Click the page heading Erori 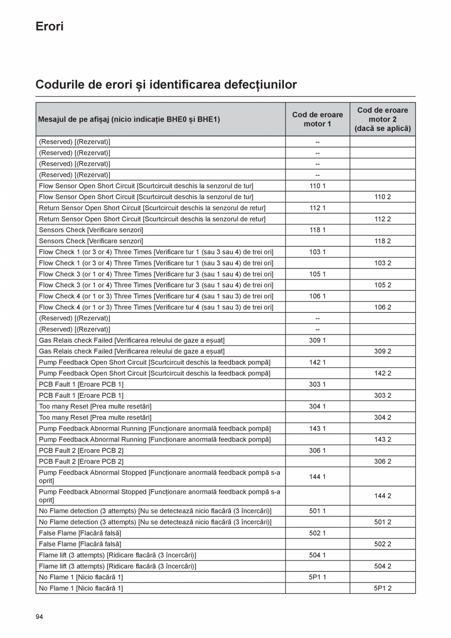click(x=50, y=26)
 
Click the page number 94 click(x=39, y=616)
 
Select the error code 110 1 click(x=317, y=186)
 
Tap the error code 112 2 click(x=382, y=219)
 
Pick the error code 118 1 click(x=317, y=230)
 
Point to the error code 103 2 click(x=382, y=263)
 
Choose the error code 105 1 click(x=317, y=274)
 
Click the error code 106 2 click(x=382, y=307)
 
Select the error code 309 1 click(x=317, y=340)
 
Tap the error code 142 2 click(x=382, y=373)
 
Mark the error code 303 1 click(x=317, y=384)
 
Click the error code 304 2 click(x=382, y=417)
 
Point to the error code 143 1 click(x=317, y=429)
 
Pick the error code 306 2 click(x=382, y=461)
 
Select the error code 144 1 click(x=317, y=477)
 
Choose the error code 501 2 click(x=382, y=522)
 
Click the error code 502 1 click(x=317, y=533)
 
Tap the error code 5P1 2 click(x=382, y=588)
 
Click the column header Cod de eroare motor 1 click(x=317, y=119)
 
